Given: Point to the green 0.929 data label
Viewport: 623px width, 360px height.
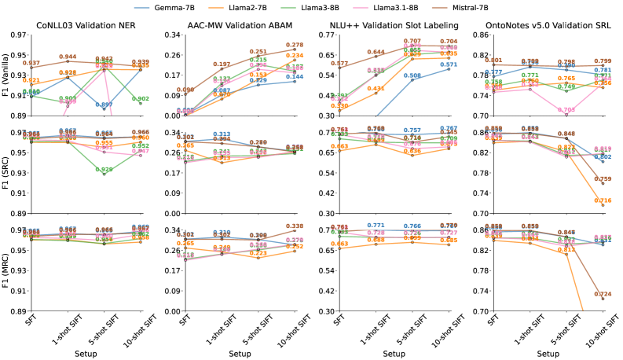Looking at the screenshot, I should [x=104, y=170].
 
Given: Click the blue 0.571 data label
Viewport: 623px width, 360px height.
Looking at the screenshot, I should [x=449, y=64].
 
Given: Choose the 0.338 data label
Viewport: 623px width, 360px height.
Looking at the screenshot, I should [x=295, y=226].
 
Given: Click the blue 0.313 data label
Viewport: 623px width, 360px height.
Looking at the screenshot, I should [x=222, y=134].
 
